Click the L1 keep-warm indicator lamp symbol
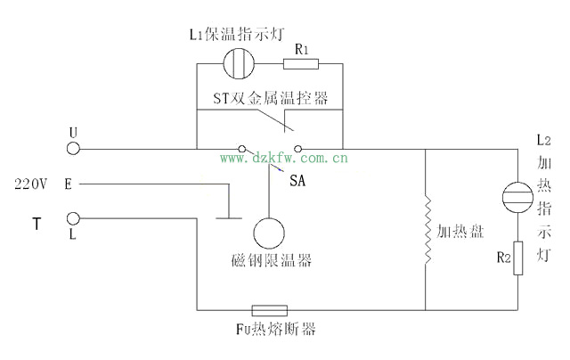(239, 63)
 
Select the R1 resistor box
(300, 63)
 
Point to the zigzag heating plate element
(427, 231)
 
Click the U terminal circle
(74, 147)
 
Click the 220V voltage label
(30, 184)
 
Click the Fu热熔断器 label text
(274, 330)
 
